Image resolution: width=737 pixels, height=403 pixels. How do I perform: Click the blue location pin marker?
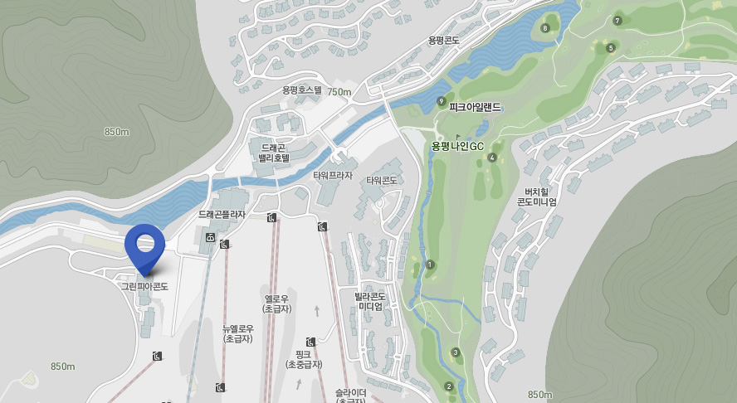click(x=145, y=245)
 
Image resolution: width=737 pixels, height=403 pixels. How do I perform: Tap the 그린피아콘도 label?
click(x=144, y=286)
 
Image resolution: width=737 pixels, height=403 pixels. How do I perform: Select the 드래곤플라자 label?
click(x=222, y=214)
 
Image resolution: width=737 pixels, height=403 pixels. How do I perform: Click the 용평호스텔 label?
click(x=301, y=90)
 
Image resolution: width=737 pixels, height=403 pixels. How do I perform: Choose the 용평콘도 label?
click(x=444, y=40)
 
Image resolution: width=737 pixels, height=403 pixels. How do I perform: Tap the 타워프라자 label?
click(x=333, y=176)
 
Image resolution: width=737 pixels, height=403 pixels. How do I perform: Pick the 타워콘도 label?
click(x=378, y=180)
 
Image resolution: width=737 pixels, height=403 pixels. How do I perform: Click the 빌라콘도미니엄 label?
click(x=370, y=301)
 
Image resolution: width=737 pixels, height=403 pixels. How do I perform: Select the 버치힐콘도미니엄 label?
click(x=537, y=196)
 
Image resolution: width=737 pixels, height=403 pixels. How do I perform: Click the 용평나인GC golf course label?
click(x=457, y=146)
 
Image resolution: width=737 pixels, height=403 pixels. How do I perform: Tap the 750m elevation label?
click(x=339, y=92)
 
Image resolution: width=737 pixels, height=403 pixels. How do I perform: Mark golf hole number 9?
click(x=441, y=101)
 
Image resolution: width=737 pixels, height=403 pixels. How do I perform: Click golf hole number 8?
click(x=545, y=28)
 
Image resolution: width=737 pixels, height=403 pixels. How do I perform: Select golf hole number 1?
click(x=430, y=265)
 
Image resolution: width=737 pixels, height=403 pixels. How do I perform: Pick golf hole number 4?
click(x=492, y=158)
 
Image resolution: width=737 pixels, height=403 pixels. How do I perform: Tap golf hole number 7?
click(x=617, y=21)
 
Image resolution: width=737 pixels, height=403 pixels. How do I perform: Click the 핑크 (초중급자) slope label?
click(x=304, y=359)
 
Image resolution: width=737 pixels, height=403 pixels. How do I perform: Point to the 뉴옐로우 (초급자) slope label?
click(x=238, y=333)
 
